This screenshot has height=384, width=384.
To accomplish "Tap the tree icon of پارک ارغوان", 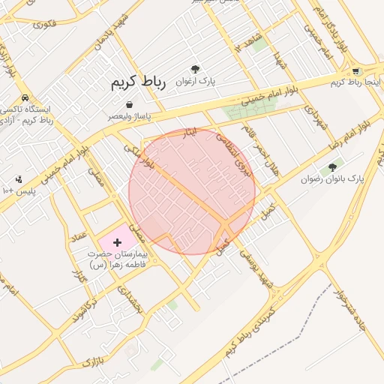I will pos(196,68).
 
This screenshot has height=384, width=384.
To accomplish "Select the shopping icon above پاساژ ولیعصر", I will pos(130,105).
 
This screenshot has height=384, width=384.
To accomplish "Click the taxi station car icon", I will pos(25,98).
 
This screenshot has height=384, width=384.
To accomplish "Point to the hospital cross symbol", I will pos(117,242).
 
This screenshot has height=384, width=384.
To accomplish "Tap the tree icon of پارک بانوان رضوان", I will pos(332,168).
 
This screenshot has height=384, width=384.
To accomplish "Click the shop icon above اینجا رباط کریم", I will pos(355,72).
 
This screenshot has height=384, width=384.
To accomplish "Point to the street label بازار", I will pos(90,363).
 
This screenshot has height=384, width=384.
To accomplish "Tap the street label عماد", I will pos(80,235).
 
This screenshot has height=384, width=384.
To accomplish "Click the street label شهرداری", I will pos(312,119).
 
